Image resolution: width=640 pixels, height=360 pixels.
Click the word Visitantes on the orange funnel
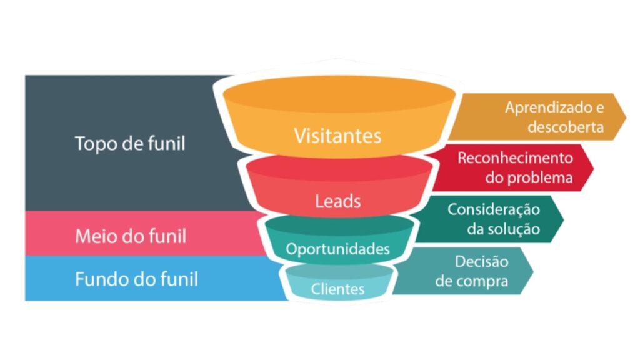337,136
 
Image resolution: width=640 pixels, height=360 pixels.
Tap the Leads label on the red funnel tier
337,201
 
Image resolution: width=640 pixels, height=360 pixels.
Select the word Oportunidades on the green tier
337,249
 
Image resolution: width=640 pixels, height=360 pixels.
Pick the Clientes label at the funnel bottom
337,289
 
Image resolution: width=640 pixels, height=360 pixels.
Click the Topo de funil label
130,144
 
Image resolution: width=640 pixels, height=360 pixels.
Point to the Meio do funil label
131,236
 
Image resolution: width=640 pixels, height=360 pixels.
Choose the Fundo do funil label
136,279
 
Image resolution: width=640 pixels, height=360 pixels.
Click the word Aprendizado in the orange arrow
549,107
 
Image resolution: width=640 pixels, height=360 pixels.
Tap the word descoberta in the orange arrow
565,127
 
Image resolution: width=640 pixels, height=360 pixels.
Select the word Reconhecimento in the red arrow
515,158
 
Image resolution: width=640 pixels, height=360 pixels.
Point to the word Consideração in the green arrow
494,210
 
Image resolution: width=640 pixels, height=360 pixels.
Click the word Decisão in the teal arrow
482,262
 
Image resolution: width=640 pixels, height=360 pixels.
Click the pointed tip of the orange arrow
626,117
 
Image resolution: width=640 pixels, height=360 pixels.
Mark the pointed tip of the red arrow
594,167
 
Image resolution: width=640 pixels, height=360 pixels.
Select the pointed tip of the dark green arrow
564,219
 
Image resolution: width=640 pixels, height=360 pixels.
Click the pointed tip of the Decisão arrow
533,271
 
